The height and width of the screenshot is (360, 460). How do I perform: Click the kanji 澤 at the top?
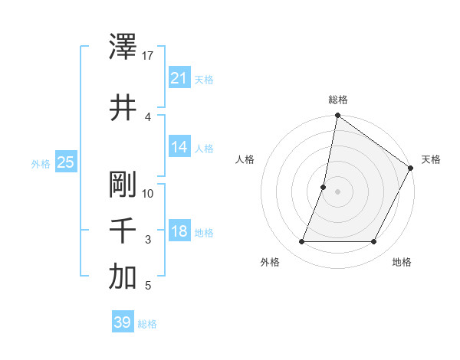click(123, 47)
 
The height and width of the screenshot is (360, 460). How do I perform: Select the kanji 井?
click(123, 106)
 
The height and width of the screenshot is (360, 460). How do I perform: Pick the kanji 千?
click(123, 231)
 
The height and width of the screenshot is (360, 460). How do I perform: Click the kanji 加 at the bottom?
click(123, 277)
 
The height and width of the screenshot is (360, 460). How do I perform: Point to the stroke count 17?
click(149, 56)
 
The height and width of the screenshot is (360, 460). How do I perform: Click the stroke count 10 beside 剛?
click(149, 193)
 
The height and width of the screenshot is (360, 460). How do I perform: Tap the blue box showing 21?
click(179, 78)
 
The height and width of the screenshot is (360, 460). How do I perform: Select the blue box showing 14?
click(179, 147)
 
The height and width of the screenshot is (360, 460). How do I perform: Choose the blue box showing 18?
click(179, 231)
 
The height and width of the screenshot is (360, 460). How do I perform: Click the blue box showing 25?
click(65, 162)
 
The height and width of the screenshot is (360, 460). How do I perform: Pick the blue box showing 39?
click(122, 322)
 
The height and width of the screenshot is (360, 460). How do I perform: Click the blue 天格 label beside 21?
click(204, 79)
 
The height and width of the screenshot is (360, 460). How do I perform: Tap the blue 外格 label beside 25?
click(41, 163)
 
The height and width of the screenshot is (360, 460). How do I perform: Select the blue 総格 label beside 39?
click(147, 323)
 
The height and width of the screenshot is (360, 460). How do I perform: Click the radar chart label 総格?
click(338, 100)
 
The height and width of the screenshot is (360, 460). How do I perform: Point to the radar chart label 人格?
click(245, 159)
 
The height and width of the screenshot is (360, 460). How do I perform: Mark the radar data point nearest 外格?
click(301, 242)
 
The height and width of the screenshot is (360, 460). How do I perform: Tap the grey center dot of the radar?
click(337, 191)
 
